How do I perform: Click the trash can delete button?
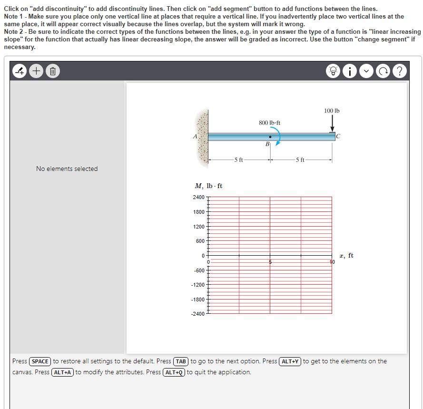click(53, 72)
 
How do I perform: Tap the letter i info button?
click(350, 72)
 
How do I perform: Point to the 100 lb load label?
click(332, 111)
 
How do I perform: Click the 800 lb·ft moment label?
click(269, 123)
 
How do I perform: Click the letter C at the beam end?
click(338, 138)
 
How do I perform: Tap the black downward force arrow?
click(332, 124)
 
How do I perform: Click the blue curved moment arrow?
click(277, 138)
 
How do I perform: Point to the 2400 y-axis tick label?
click(198, 197)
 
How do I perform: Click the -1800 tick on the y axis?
click(198, 300)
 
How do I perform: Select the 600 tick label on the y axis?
click(200, 241)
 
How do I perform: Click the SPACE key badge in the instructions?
click(40, 361)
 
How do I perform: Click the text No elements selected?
click(67, 169)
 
